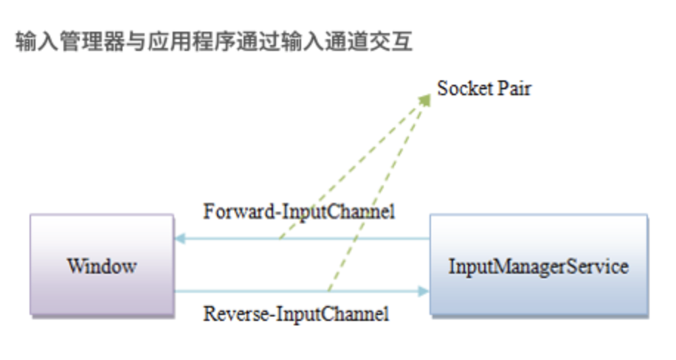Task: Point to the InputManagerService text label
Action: pos(538,266)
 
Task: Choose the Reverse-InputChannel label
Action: pos(296,314)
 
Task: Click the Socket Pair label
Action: pos(484,89)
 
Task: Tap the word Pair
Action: pos(517,89)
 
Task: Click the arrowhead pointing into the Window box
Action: pos(179,239)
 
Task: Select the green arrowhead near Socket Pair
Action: pos(425,99)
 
